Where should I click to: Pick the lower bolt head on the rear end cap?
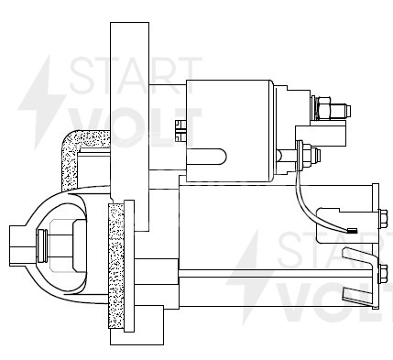pyautogui.click(x=380, y=271)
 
